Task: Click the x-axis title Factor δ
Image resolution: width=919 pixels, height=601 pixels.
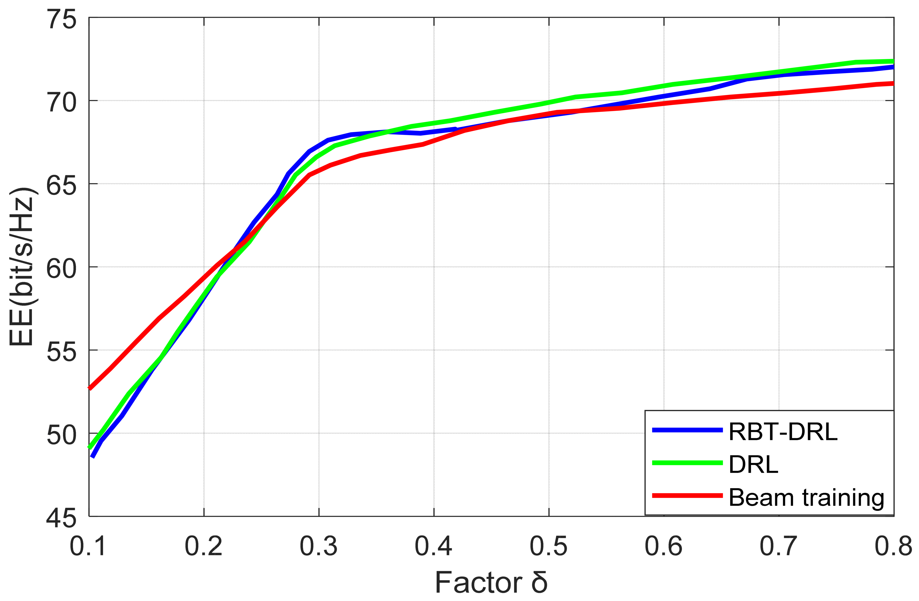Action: [x=491, y=583]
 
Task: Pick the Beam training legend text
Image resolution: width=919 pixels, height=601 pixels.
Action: [x=806, y=498]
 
